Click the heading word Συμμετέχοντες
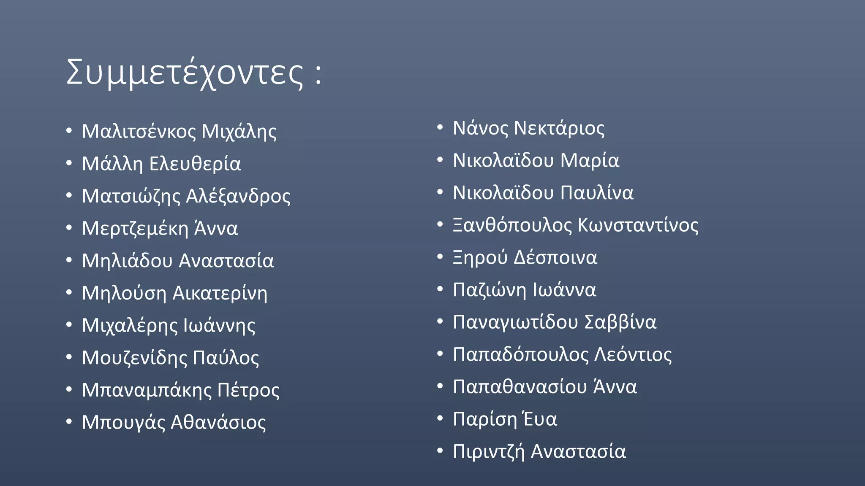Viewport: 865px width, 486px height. (185, 73)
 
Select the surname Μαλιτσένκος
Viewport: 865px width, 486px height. (139, 131)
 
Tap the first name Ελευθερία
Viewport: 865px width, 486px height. (195, 164)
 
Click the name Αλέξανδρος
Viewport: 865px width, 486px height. (238, 196)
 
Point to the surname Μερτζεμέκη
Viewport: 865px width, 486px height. (135, 229)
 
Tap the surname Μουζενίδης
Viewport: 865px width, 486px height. (134, 358)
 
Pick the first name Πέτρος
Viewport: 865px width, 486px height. (248, 390)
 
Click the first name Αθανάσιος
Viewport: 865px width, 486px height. (218, 422)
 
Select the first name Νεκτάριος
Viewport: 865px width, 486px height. (559, 128)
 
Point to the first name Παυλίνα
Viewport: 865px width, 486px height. (597, 193)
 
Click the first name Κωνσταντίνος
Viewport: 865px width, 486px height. (638, 225)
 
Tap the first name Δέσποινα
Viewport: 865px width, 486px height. (555, 257)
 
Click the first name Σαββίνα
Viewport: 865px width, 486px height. (620, 322)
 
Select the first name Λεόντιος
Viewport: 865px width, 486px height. (633, 354)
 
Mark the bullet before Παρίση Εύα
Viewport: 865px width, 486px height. (440, 418)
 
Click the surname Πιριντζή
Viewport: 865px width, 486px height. (489, 451)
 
